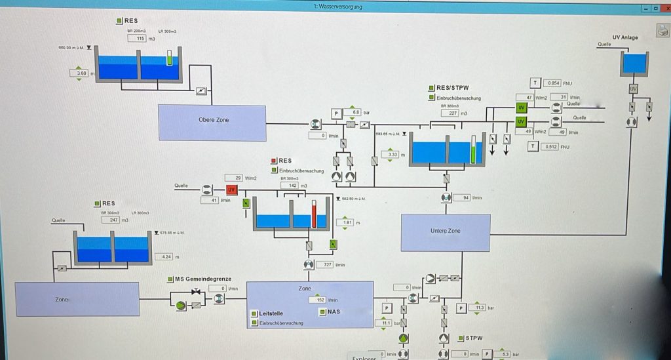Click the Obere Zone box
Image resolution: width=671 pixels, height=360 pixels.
click(x=213, y=122)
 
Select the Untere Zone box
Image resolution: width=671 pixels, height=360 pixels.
click(x=446, y=232)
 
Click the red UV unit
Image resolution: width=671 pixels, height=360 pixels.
click(x=231, y=190)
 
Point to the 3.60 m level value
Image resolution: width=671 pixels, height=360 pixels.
click(x=82, y=73)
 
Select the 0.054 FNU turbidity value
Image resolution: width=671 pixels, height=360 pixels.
click(x=554, y=83)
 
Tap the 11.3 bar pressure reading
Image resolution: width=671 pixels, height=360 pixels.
click(x=478, y=307)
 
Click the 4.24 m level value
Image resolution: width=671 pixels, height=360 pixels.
click(x=164, y=257)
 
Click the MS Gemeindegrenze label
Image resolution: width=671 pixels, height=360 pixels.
click(x=202, y=279)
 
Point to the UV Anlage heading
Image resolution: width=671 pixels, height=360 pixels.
click(x=624, y=37)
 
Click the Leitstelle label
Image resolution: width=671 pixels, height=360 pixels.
click(x=271, y=313)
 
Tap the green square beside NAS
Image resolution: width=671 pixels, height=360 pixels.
click(x=322, y=312)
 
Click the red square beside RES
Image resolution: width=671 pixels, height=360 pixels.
click(x=274, y=161)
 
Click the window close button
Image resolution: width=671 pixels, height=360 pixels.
click(x=664, y=9)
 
